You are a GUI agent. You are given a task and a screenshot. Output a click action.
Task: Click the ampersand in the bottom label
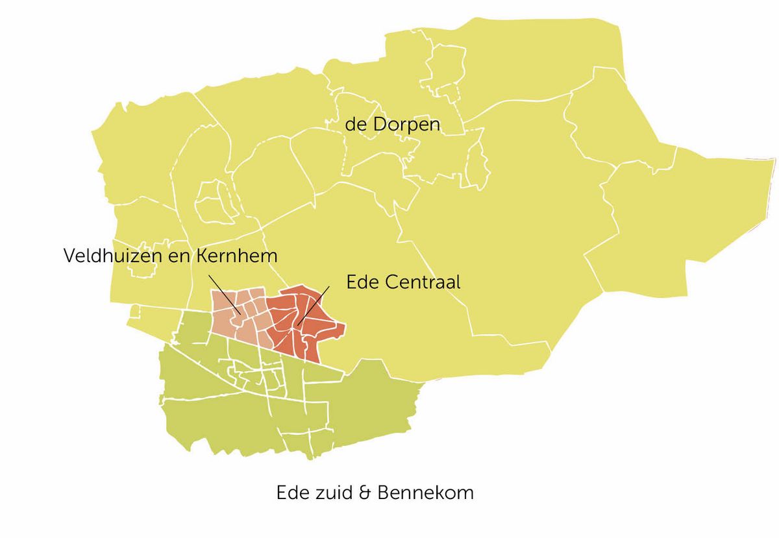365,493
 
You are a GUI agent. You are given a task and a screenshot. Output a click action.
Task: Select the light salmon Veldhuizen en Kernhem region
227,318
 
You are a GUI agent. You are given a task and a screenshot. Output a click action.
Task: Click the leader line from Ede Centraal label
314,308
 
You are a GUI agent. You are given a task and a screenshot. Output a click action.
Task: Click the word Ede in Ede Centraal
364,282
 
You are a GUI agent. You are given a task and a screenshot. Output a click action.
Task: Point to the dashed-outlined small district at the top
444,65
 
